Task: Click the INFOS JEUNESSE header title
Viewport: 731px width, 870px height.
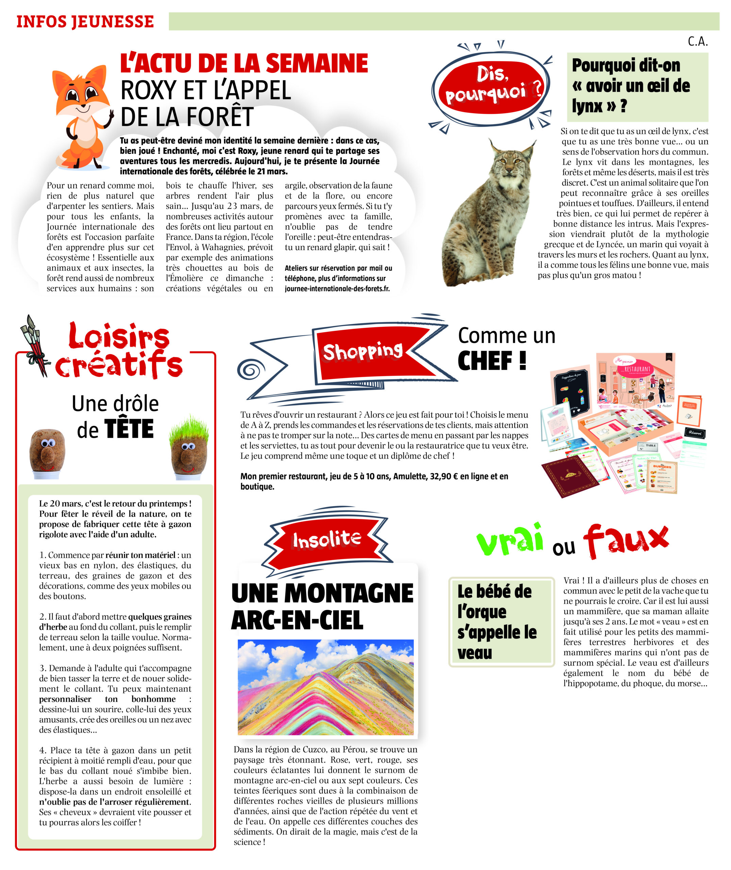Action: (85, 21)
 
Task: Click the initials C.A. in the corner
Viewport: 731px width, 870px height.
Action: (698, 41)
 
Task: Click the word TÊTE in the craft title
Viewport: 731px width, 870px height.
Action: (129, 429)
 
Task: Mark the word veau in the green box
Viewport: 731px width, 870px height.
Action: (475, 653)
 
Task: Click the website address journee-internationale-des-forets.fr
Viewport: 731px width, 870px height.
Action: (337, 289)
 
